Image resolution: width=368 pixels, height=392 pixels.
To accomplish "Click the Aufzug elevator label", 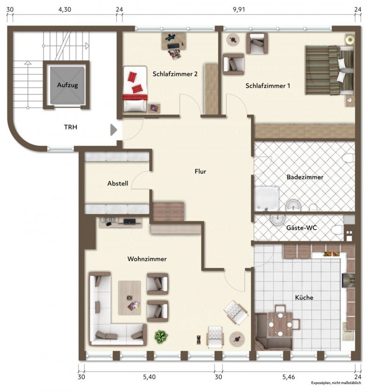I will click(67, 85).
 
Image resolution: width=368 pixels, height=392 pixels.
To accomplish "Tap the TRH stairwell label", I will click(70, 127).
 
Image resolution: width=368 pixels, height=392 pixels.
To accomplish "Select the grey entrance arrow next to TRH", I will click(114, 130).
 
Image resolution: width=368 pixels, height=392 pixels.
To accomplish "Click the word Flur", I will click(200, 171).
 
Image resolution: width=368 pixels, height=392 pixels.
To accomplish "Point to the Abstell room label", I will click(118, 183).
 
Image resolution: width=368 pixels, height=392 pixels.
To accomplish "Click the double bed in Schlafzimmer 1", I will click(329, 70).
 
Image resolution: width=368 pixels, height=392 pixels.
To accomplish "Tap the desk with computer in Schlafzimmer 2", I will click(174, 40).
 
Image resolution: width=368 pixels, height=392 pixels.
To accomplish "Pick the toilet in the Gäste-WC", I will click(338, 230).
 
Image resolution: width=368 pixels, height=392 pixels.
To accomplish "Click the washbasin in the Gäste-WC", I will click(276, 219).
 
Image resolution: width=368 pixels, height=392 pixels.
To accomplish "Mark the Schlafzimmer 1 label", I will click(268, 86).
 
